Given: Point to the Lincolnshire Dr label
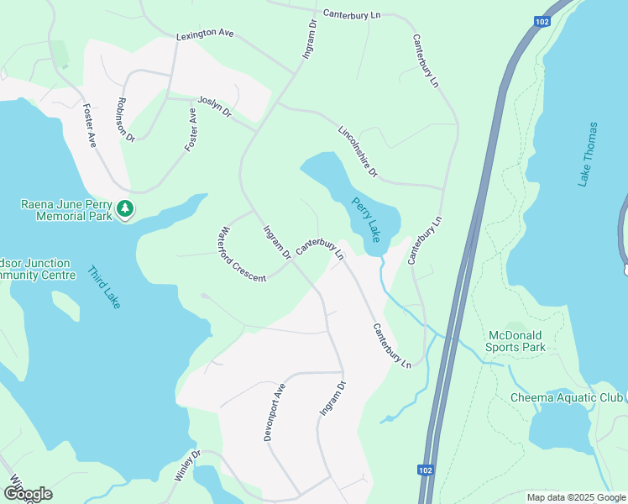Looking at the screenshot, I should pyautogui.click(x=358, y=153).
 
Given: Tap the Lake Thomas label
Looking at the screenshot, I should pyautogui.click(x=588, y=155).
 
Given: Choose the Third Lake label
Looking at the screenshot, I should pyautogui.click(x=104, y=287).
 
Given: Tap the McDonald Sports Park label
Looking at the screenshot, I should pyautogui.click(x=516, y=341).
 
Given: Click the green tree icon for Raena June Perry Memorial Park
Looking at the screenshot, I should pyautogui.click(x=125, y=207).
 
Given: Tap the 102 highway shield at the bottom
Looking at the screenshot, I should pyautogui.click(x=425, y=470).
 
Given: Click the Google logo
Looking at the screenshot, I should pyautogui.click(x=27, y=494).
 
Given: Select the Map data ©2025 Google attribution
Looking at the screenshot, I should pyautogui.click(x=575, y=497).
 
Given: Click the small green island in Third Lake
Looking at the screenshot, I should pyautogui.click(x=65, y=307).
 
